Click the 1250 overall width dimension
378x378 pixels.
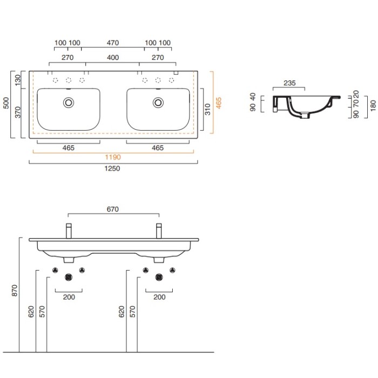click(112, 168)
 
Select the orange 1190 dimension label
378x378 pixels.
click(113, 157)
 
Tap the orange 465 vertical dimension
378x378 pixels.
click(218, 103)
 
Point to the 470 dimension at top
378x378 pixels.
click(113, 43)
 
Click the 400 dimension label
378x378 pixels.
click(113, 58)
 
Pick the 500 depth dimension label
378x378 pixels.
click(6, 103)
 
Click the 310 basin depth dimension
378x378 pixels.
click(207, 109)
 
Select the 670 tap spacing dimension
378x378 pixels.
click(113, 210)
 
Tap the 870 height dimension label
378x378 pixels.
click(15, 291)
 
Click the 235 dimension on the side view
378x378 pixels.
click(289, 83)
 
